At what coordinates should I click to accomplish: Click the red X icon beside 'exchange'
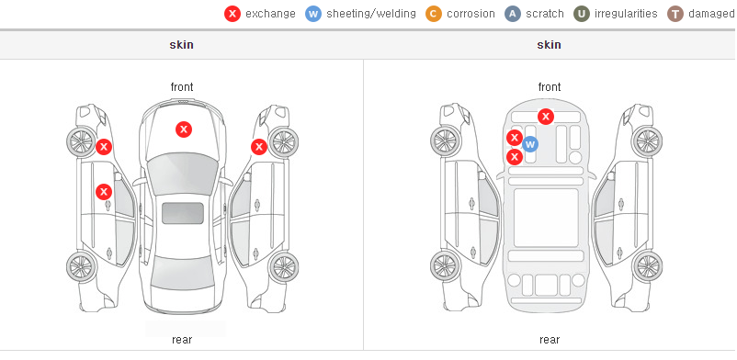coord(232,14)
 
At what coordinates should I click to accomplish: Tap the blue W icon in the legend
coord(313,14)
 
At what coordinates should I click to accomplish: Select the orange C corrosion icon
coord(434,14)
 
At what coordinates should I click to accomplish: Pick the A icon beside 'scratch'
coord(513,14)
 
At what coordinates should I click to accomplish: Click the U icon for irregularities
coord(582,14)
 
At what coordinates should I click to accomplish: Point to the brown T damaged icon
coord(675,14)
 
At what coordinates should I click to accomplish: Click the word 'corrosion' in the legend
coord(471,14)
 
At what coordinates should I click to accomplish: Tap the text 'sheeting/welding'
coord(371,14)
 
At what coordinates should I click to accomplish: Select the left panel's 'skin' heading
coord(181,45)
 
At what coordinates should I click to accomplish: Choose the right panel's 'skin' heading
coord(549,45)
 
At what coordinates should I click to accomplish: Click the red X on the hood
coord(184,129)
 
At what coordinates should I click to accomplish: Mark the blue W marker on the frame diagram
coord(529,144)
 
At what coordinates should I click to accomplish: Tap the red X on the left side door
coord(104,192)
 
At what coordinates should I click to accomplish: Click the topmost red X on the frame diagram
coord(545,116)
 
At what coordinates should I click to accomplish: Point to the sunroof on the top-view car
coord(183,213)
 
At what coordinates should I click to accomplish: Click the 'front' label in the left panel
coord(182,87)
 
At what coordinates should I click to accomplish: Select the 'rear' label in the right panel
coord(550,340)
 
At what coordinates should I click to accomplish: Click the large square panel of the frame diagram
coord(546,218)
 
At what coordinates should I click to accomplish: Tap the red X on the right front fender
coord(259,147)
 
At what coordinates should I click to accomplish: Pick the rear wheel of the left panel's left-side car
coord(82,266)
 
